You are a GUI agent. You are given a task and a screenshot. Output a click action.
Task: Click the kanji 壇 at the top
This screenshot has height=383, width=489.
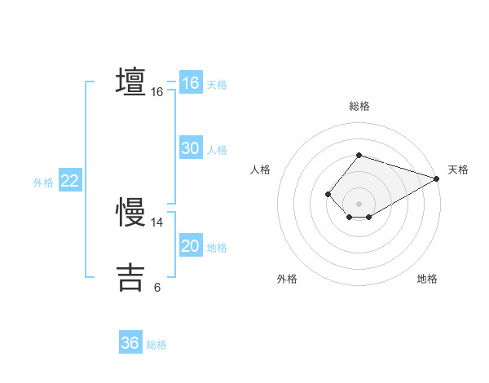click(x=130, y=83)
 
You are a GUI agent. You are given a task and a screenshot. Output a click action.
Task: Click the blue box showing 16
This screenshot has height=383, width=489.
click(x=191, y=83)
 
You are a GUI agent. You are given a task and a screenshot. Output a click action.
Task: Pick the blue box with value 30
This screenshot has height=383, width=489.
click(x=191, y=148)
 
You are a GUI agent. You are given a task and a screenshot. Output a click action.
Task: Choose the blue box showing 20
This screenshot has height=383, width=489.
click(x=191, y=246)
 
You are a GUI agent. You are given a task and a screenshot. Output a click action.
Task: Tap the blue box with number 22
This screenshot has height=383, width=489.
click(x=69, y=181)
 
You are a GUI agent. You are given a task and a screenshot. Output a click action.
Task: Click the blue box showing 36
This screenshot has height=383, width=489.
click(x=130, y=343)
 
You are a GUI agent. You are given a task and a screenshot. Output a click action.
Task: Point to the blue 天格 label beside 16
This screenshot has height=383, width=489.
click(x=217, y=84)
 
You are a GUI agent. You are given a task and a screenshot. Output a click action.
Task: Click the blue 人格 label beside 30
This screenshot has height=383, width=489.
click(x=217, y=149)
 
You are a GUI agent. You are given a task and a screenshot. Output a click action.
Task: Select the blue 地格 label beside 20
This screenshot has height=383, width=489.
click(x=217, y=247)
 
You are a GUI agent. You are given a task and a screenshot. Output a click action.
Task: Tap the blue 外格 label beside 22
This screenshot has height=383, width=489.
click(x=43, y=182)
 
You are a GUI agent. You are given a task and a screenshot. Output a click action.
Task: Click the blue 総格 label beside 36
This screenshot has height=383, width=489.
click(x=156, y=344)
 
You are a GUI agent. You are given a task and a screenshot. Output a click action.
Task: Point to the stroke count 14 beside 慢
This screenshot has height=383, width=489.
click(x=157, y=222)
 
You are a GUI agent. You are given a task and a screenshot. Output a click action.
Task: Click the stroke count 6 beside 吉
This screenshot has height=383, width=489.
click(x=157, y=287)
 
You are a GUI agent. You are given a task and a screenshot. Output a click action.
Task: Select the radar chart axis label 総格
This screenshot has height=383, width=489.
click(x=359, y=106)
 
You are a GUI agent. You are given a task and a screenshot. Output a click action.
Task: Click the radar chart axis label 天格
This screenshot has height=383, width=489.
click(x=458, y=169)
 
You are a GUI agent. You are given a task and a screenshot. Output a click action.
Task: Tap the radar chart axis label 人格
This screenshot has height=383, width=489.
click(x=261, y=169)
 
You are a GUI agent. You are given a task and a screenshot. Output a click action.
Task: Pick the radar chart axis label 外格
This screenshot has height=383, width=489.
click(x=287, y=279)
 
